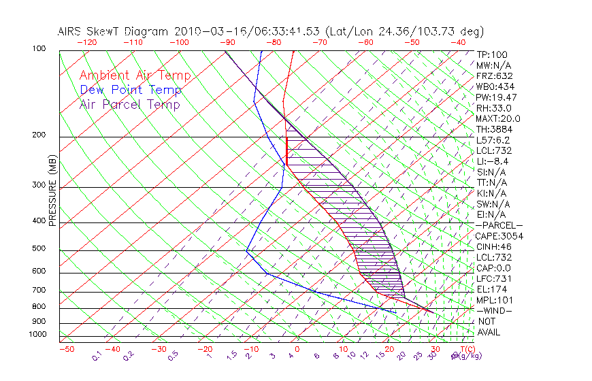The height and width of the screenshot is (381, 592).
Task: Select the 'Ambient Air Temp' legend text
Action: [x=135, y=76]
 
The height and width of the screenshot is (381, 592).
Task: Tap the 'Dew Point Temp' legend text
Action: [x=131, y=90]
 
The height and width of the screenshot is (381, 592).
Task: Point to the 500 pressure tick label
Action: [x=39, y=249]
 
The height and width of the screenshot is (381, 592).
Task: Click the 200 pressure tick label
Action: [x=39, y=135]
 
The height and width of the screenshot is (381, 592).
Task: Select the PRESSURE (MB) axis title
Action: [x=52, y=190]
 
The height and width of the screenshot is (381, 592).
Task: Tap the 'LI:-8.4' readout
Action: [x=493, y=161]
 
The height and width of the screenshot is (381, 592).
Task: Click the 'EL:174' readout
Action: [x=491, y=289]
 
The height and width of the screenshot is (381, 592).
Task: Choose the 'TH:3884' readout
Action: [x=494, y=129]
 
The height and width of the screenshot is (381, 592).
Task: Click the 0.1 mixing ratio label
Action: [x=97, y=354]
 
